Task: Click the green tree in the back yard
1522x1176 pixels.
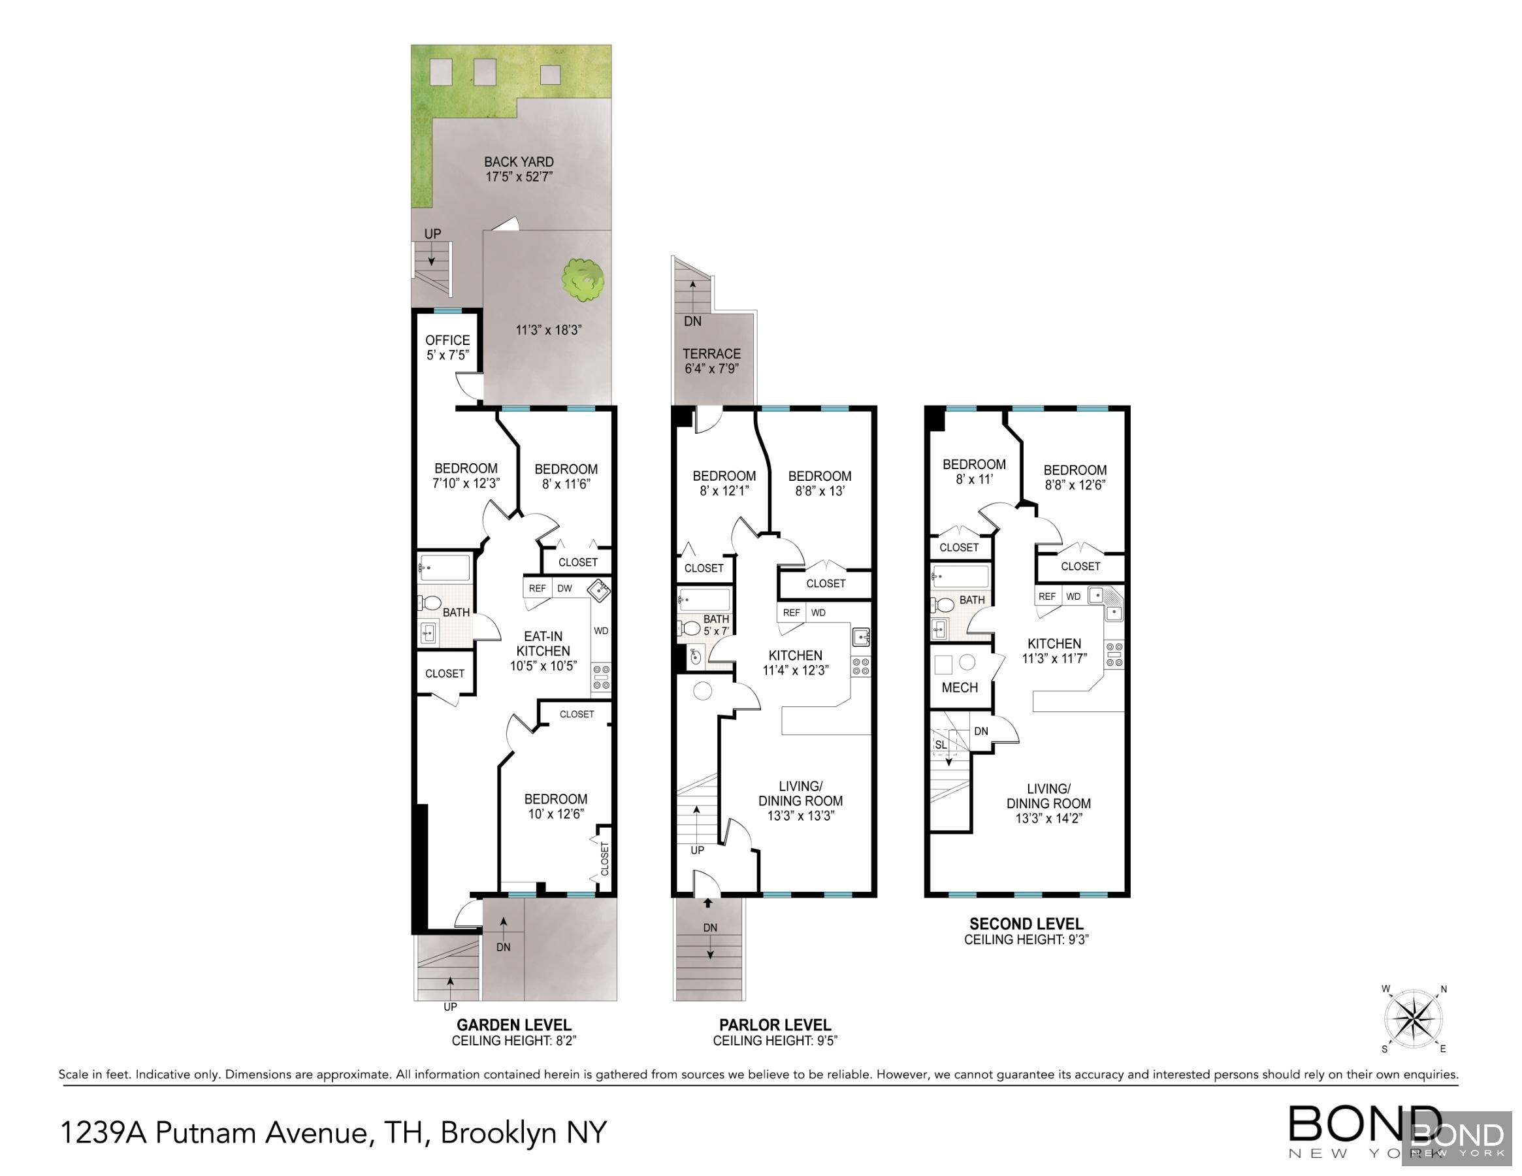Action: [x=583, y=280]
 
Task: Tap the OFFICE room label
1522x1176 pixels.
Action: [x=447, y=340]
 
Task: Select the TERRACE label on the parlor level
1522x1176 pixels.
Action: [x=711, y=353]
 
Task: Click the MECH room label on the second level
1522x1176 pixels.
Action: [x=960, y=687]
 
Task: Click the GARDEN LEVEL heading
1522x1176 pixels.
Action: [x=513, y=1024]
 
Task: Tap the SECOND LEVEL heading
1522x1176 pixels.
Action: [x=1026, y=924]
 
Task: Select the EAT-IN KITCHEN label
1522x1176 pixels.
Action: [x=543, y=644]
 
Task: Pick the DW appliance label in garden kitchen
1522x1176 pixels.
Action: [x=564, y=589]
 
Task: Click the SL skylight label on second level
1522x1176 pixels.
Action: [x=941, y=745]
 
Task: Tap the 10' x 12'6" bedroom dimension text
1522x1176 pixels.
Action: [x=555, y=813]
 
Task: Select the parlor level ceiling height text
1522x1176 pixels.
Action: [x=775, y=1041]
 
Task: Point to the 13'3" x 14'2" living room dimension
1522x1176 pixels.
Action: [x=1048, y=818]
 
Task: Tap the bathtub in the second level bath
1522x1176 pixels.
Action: [x=960, y=576]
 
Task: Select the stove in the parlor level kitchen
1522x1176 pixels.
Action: [x=861, y=666]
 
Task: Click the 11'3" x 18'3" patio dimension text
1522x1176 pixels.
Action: [x=549, y=330]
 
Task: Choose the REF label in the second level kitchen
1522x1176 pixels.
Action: [x=1046, y=596]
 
